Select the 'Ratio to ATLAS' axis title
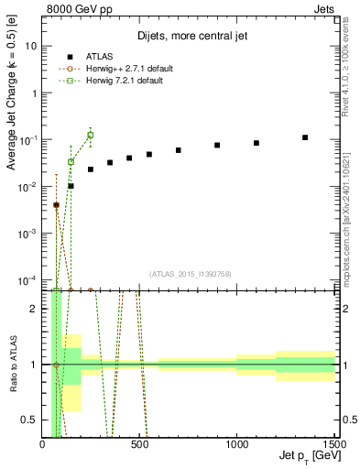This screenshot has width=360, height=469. click(x=12, y=364)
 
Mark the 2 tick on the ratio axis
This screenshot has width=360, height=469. click(x=35, y=309)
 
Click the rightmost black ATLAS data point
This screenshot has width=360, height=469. click(x=305, y=137)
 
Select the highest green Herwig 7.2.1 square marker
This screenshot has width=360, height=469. click(x=90, y=135)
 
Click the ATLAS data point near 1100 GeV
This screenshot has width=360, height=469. click(x=256, y=143)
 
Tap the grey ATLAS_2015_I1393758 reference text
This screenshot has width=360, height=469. click(x=190, y=273)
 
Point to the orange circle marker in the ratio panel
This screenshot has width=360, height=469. click(x=56, y=365)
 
